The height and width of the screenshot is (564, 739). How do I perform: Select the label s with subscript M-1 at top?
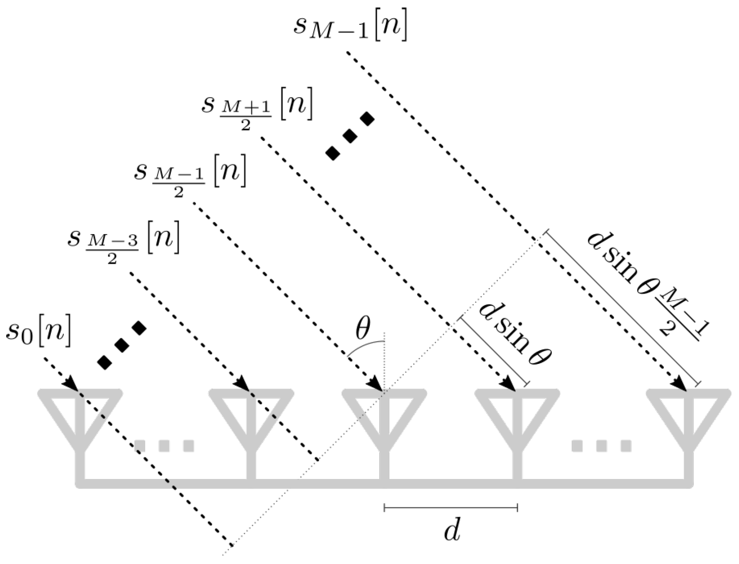[350, 27]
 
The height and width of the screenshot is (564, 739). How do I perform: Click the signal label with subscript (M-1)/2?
[189, 175]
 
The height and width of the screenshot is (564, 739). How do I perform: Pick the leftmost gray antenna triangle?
[80, 409]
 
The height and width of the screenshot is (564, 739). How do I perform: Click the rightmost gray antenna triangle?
[688, 409]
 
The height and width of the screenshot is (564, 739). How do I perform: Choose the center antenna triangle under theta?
[384, 409]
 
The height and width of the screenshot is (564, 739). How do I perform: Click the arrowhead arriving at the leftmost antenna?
[71, 384]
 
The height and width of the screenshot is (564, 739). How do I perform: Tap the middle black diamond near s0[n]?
[122, 345]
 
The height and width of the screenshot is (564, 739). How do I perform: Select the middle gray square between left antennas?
[164, 445]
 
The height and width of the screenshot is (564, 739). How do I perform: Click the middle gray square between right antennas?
[601, 445]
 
